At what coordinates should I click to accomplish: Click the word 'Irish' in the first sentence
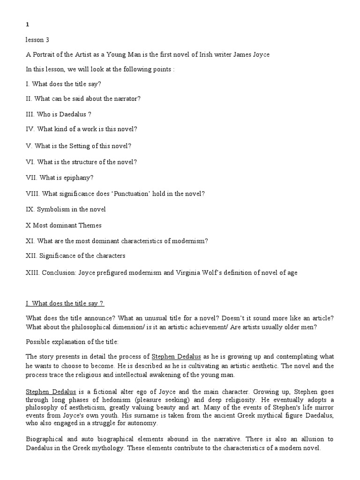coord(203,55)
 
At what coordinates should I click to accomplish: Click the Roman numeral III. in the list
coord(30,115)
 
